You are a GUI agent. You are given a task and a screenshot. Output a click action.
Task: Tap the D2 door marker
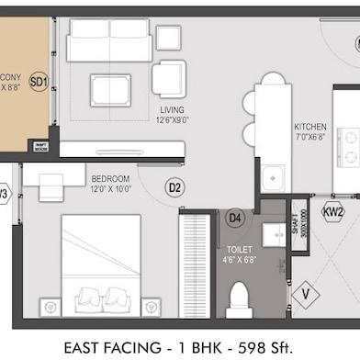(175, 187)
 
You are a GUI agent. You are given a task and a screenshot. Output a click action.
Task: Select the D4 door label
(235, 218)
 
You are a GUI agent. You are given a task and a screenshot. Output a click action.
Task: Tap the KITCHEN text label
(310, 127)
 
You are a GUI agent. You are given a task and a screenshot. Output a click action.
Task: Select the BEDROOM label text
(110, 178)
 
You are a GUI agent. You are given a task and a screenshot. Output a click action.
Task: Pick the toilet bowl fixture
(239, 298)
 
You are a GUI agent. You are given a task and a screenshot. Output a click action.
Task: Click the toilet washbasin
(275, 234)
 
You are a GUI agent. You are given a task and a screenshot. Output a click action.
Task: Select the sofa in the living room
(109, 40)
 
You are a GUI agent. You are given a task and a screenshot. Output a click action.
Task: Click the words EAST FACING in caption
(107, 347)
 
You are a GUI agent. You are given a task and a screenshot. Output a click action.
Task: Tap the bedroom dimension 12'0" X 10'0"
(110, 189)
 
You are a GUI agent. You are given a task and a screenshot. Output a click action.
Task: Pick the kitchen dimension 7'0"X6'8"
(310, 137)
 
